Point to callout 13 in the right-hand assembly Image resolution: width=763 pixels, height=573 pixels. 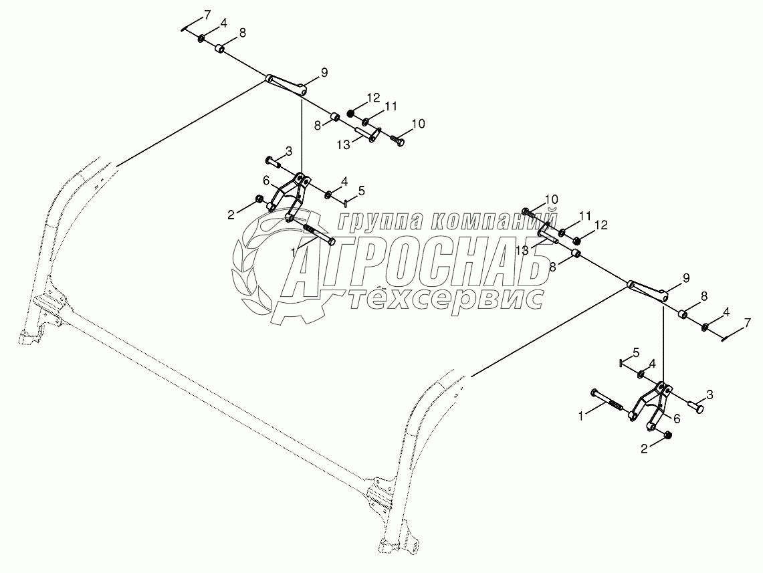click(x=522, y=250)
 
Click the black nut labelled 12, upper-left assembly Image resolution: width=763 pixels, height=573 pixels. click(x=350, y=112)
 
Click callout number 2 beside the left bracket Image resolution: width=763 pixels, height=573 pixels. click(x=231, y=214)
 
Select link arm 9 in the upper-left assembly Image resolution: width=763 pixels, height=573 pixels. click(x=286, y=84)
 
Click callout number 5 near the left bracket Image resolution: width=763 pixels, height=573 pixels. click(x=361, y=191)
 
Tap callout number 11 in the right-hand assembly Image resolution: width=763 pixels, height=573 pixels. click(x=585, y=216)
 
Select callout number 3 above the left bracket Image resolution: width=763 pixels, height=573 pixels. click(x=288, y=150)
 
